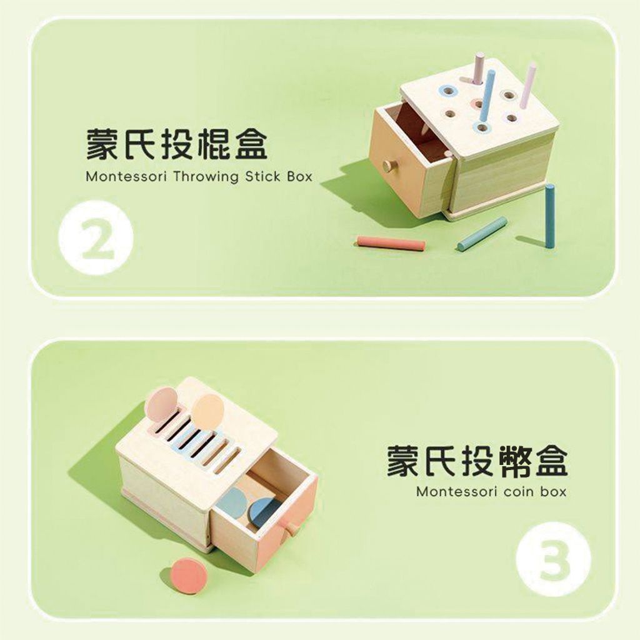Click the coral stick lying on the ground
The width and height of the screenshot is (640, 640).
click(x=391, y=242)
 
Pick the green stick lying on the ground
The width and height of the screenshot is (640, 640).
click(x=482, y=234)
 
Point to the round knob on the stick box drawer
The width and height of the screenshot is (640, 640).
click(x=389, y=165)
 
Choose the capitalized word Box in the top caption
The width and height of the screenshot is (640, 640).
click(x=299, y=177)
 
